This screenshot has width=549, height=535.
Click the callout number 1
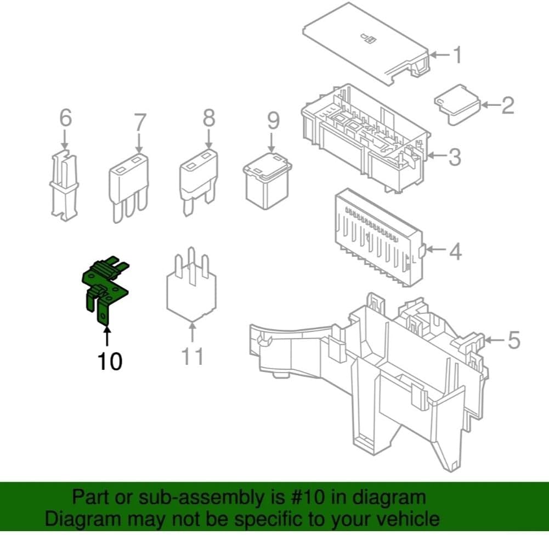[457, 55]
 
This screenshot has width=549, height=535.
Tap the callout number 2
[508, 105]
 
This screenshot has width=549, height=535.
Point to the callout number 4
[455, 251]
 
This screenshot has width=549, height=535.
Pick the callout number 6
[65, 117]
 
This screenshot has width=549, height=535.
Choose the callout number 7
[140, 122]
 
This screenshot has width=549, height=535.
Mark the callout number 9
[274, 120]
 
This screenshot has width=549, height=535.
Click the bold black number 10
[110, 361]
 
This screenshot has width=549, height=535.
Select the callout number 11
[193, 356]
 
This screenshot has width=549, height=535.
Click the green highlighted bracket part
[105, 285]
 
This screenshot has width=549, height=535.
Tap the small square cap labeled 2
[457, 104]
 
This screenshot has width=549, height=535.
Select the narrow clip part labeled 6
[64, 185]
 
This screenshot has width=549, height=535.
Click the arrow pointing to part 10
[107, 337]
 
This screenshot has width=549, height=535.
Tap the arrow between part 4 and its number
[436, 250]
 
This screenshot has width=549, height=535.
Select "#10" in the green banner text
[308, 497]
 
